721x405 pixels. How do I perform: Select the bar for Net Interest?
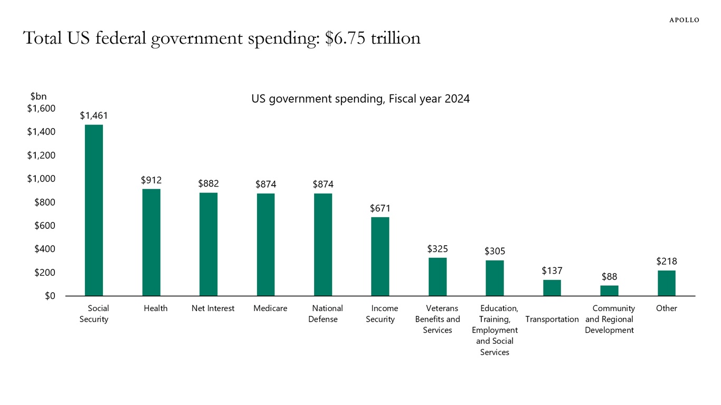(208, 244)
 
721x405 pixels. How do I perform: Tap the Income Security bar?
(380, 256)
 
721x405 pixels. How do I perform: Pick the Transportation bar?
(552, 288)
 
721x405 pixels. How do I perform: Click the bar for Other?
(667, 283)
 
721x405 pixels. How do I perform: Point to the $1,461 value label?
(94, 115)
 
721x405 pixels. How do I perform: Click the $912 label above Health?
(151, 180)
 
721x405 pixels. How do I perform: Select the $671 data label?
(380, 209)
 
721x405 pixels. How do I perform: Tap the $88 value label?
(609, 277)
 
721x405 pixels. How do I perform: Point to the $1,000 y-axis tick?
(41, 179)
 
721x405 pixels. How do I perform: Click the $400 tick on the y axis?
(45, 249)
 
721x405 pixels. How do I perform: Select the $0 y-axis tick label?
(50, 296)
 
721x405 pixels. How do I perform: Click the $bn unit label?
(39, 97)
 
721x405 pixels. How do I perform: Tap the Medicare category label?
(270, 308)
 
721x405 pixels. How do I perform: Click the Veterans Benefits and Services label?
(438, 319)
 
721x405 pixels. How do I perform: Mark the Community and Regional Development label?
(610, 319)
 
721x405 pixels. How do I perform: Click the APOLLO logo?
(684, 20)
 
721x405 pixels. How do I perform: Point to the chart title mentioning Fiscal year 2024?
(360, 99)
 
